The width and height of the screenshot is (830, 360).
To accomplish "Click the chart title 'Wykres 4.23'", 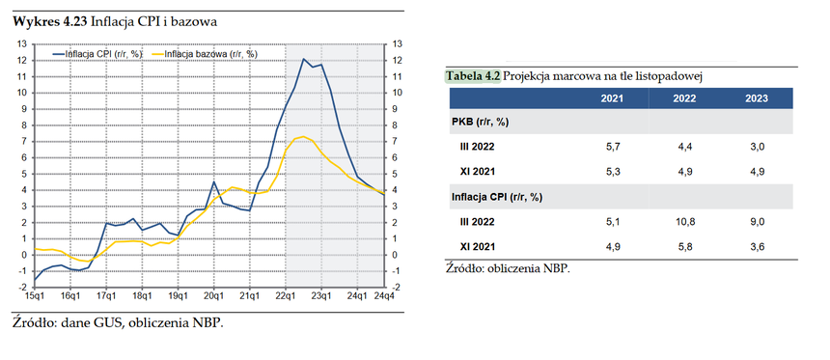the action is point(50,21).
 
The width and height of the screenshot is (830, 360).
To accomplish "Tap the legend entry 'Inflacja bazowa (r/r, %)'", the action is point(204,53).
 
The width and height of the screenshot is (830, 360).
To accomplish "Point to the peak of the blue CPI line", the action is point(303,59).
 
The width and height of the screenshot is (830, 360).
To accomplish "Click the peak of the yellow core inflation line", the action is point(303,137).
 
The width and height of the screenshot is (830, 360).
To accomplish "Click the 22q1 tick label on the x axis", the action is point(286,295).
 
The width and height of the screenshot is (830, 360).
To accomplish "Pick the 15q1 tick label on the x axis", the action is point(35,295).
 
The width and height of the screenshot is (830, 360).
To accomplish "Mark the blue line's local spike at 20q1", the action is point(213,182).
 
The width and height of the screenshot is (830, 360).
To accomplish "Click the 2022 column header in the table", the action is point(684,98).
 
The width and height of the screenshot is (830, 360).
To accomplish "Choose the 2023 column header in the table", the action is point(757,98).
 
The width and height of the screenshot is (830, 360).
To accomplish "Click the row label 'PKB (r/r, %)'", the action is point(480,123).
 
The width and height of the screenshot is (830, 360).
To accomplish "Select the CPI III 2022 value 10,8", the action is point(684,222).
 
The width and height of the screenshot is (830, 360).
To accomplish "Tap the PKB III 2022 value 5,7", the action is point(612,147).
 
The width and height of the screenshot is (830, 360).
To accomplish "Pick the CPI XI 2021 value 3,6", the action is point(757,246).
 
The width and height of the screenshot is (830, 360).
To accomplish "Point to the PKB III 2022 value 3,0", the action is point(757,147).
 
